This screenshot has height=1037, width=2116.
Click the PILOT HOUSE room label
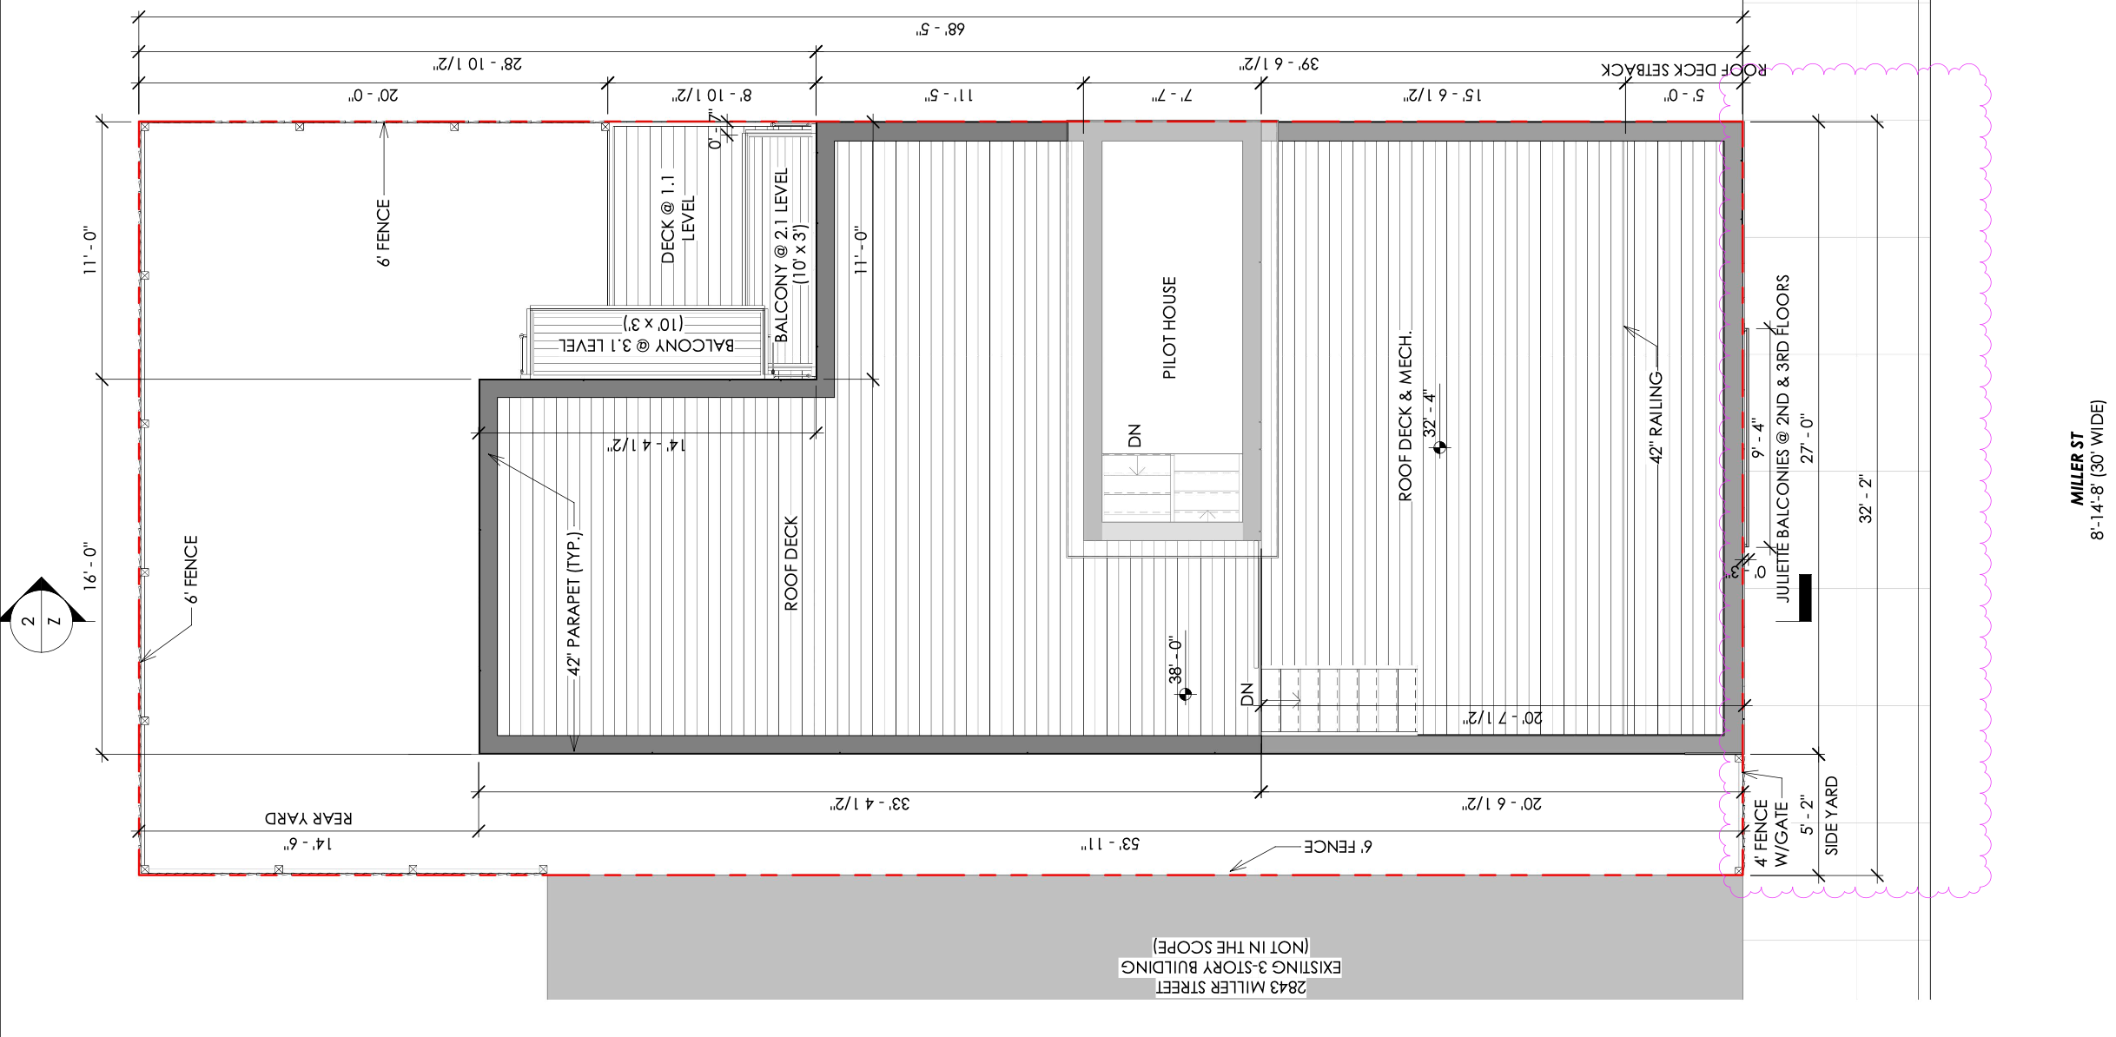coord(1169,327)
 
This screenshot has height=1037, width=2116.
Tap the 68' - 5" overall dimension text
coord(940,30)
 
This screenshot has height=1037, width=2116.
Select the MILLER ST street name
coord(2076,468)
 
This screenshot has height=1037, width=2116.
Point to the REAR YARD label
coord(308,818)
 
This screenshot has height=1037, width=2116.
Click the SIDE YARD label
coord(1831,816)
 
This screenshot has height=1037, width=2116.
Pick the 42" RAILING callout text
coord(1656,417)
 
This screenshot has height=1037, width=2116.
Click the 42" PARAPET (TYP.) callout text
coord(574,604)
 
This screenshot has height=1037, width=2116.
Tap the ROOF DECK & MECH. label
coord(1405,417)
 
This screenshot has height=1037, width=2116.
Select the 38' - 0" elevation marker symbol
coord(1186,693)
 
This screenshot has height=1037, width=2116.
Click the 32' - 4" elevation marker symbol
coord(1439,447)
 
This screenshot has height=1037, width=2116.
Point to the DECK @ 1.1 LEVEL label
coord(678,219)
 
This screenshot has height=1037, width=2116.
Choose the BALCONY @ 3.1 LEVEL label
coord(646,345)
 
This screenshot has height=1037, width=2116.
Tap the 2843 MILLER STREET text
coord(1230,987)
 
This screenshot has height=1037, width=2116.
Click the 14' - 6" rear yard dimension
coord(307,844)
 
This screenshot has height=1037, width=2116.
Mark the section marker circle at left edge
coord(41,621)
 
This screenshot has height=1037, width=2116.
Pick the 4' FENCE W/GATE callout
coord(1770,834)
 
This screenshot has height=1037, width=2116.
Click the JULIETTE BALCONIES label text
coord(1782,439)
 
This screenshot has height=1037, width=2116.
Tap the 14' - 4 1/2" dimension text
coord(646,446)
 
